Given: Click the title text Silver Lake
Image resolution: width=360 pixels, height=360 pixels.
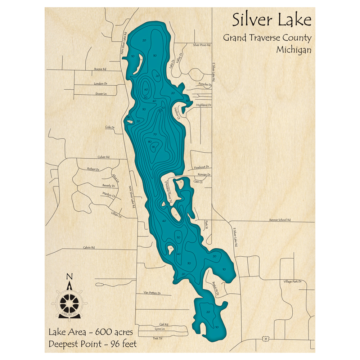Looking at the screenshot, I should click(271, 20).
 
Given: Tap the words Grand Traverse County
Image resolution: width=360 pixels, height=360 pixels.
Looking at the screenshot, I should click(267, 37).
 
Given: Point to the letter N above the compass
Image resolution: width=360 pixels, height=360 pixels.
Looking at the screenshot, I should click(70, 276).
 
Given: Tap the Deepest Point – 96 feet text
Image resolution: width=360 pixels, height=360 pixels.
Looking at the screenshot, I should click(93, 344).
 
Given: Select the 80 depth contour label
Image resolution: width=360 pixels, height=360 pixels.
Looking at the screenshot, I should click(150, 141).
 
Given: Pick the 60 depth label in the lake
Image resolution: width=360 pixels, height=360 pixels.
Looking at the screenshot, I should click(146, 89).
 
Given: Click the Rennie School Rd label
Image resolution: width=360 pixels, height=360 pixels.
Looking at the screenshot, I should click(279, 220).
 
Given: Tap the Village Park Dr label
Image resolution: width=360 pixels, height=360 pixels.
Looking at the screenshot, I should click(292, 281).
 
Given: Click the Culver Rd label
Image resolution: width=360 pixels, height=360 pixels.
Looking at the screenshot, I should click(103, 157).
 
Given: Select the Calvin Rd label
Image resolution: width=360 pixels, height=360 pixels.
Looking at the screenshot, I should click(89, 247).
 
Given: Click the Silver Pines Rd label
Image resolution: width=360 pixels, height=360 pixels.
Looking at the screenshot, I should click(202, 45).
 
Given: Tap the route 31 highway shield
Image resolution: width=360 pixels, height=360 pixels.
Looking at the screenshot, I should click(265, 339).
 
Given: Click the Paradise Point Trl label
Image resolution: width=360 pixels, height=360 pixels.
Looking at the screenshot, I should click(168, 192).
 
